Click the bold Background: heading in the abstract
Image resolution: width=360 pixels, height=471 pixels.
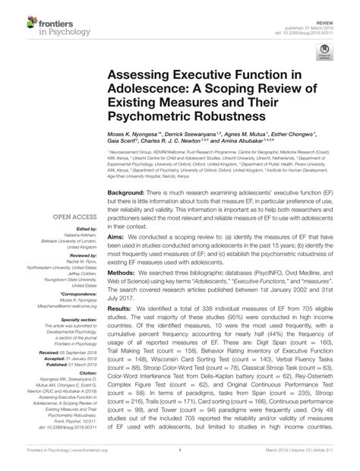[129, 195]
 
